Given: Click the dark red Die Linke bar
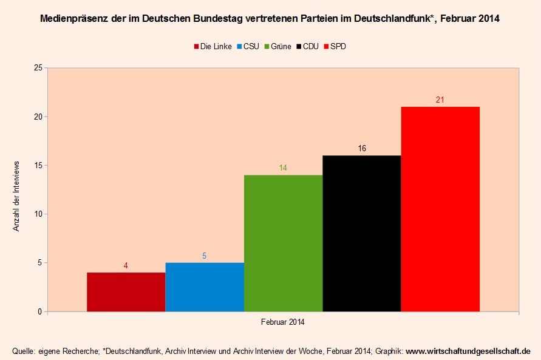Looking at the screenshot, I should pos(126,292).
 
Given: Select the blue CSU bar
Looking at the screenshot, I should pos(205,287).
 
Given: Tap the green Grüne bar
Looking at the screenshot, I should pos(283,243).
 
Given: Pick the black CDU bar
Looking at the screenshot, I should pos(361,234).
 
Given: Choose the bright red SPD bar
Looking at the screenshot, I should pos(440,209).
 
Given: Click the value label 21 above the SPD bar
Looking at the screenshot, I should pos(440,100).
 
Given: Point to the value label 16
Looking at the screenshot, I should pos(362,148).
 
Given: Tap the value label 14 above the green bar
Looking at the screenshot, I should pos(283,168).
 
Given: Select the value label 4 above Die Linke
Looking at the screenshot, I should pos(126,265).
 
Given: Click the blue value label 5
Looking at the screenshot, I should pos(205,256).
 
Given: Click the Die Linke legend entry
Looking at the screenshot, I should pos(213,46).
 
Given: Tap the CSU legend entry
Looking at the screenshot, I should pos(247,46).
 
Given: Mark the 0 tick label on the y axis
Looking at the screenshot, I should pos(39,312).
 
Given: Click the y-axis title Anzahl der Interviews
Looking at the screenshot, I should pos(18,196).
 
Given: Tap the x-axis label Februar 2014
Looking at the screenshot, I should pos(283,322).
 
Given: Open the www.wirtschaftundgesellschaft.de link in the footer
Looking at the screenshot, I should pos(468,351).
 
